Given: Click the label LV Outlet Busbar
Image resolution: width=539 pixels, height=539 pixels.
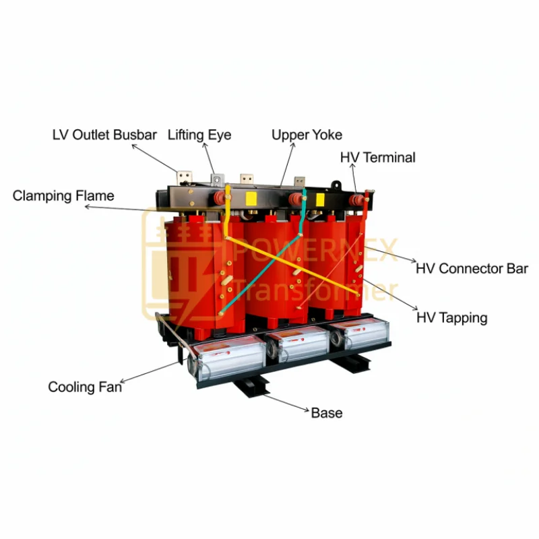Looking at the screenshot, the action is click(104, 135).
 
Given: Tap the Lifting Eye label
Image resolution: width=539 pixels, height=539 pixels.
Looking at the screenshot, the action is click(199, 135).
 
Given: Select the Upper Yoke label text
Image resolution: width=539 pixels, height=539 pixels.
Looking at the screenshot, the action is click(307, 135).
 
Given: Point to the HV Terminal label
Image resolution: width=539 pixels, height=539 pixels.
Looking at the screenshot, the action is click(377, 158).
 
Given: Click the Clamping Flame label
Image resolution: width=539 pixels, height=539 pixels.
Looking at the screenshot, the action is click(63, 196).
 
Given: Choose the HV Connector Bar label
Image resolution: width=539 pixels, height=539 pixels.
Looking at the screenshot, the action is click(472, 268).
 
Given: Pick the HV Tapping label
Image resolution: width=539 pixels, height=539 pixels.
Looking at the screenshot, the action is click(451, 317).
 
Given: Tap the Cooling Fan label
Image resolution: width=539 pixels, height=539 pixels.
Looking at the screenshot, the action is click(85, 387).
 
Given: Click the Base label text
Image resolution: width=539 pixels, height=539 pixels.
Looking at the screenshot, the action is click(327, 412).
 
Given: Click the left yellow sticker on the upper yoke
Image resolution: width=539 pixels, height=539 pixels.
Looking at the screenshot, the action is click(251, 198).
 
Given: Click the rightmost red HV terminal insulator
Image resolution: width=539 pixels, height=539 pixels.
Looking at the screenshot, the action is click(356, 199).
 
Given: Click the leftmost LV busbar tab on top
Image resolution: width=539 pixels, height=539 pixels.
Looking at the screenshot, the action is click(183, 179).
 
